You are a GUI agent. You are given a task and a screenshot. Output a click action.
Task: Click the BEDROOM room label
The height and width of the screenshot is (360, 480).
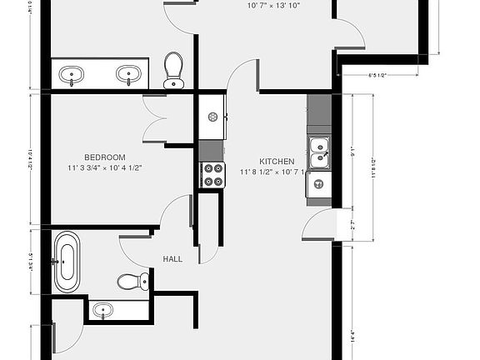pyautogui.click(x=104, y=157)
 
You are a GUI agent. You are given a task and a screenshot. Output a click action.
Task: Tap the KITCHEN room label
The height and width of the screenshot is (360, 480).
pyautogui.click(x=276, y=162)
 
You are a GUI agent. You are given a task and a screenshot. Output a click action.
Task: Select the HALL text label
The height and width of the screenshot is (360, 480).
pyautogui.click(x=172, y=259)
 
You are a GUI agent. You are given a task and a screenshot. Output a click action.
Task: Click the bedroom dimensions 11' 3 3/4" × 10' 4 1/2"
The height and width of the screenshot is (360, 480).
pyautogui.click(x=104, y=168)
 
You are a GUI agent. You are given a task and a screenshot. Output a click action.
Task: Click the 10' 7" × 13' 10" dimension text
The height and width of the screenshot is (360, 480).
pyautogui.click(x=273, y=6)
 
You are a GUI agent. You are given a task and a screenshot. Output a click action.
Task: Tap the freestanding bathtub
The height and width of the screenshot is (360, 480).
pyautogui.click(x=67, y=262)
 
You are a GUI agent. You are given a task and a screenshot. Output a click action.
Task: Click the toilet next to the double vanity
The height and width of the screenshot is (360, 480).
pyautogui.click(x=173, y=69)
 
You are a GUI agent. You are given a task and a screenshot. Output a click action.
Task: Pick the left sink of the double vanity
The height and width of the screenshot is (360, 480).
pyautogui.click(x=72, y=74)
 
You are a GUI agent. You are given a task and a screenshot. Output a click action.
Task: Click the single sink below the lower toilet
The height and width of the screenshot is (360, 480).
pyautogui.click(x=103, y=311)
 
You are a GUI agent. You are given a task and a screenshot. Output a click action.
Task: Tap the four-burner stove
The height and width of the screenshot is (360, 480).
pyautogui.click(x=212, y=174)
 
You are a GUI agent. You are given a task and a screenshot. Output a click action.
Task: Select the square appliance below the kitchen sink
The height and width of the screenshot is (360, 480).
pyautogui.click(x=318, y=184)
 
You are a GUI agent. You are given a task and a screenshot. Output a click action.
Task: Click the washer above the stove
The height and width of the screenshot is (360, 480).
pyautogui.click(x=212, y=117)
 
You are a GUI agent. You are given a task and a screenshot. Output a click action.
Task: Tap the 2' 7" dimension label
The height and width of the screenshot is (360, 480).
pyautogui.click(x=353, y=224)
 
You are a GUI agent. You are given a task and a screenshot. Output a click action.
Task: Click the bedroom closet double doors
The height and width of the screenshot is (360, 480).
pyautogui.click(x=156, y=119)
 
